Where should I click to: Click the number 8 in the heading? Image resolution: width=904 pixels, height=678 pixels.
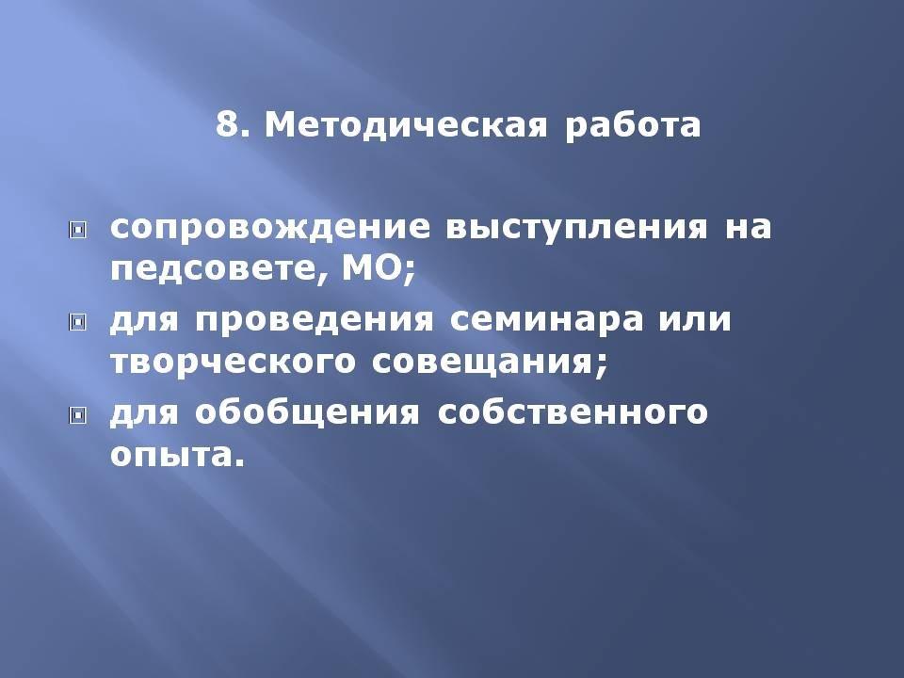tap(228, 124)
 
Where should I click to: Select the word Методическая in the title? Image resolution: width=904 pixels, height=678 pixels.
tap(405, 125)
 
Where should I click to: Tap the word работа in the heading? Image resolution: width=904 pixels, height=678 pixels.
tap(633, 125)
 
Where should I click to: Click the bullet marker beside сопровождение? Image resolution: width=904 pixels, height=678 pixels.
tap(77, 231)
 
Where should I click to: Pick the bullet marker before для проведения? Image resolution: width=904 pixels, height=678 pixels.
tap(77, 322)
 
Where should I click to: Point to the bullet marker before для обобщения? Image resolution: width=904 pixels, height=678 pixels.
tap(77, 414)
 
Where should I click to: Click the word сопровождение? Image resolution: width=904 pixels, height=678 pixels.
tap(270, 228)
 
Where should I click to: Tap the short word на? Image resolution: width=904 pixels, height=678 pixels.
tap(748, 227)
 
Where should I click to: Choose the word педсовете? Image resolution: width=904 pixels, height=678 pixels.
tap(218, 269)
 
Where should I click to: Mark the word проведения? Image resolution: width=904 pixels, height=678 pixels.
tap(314, 320)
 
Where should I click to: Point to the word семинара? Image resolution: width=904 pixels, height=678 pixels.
tap(546, 320)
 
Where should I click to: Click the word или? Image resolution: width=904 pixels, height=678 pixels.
tap(695, 319)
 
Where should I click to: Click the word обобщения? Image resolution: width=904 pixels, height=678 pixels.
tap(307, 412)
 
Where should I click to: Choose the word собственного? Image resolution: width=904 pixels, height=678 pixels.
tap(573, 412)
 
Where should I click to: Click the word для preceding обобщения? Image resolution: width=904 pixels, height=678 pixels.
tap(144, 412)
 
